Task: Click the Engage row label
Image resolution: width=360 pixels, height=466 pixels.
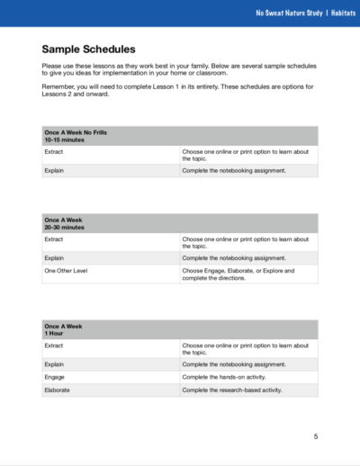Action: point(55,377)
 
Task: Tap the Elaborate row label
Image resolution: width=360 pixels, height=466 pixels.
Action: point(57,390)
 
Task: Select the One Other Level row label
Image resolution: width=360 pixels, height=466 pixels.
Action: point(66,270)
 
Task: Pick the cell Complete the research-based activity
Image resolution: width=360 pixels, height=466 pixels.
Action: point(232,390)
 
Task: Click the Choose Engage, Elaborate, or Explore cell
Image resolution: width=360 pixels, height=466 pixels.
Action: point(238,270)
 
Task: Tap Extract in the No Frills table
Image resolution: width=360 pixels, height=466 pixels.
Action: point(54,152)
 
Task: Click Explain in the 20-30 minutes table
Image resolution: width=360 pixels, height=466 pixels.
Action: point(54,256)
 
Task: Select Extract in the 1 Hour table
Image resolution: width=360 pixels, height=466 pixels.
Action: point(54,345)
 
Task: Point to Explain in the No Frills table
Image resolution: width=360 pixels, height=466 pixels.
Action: point(54,169)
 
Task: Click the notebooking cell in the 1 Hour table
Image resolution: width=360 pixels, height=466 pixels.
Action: point(233,364)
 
